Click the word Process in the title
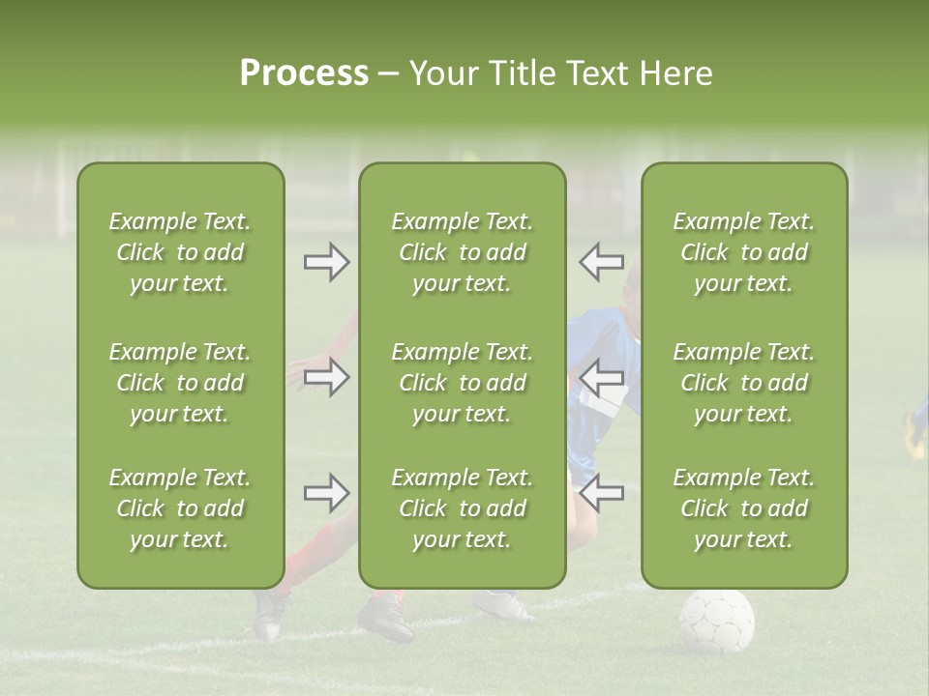[304, 73]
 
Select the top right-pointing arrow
[327, 262]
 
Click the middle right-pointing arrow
[327, 377]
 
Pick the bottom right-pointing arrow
[327, 493]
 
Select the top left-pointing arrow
[601, 262]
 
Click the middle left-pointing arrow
[601, 377]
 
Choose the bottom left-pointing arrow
[601, 493]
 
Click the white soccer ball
[716, 620]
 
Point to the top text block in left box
[180, 252]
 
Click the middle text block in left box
[180, 383]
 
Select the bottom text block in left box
[180, 508]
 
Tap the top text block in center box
[463, 252]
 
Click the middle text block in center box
[463, 383]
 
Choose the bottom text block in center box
[463, 508]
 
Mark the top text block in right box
[744, 252]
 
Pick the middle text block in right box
[744, 383]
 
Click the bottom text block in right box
[744, 508]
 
